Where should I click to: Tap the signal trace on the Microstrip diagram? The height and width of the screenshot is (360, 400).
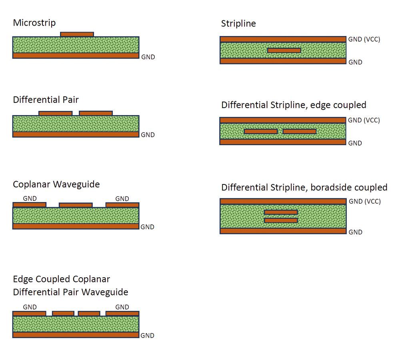(x=77, y=34)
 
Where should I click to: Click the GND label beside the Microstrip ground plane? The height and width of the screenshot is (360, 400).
(x=148, y=57)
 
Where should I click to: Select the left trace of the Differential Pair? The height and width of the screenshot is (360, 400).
(x=55, y=113)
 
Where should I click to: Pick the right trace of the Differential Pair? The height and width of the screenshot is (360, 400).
(x=96, y=113)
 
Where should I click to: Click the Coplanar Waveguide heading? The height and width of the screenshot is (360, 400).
(x=56, y=184)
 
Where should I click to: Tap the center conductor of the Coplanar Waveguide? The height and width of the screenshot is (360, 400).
(x=76, y=205)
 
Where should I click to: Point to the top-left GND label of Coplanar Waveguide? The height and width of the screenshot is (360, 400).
(x=30, y=198)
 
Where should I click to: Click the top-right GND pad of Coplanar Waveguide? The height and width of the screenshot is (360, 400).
(x=122, y=205)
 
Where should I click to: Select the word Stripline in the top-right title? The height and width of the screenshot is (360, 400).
(x=238, y=24)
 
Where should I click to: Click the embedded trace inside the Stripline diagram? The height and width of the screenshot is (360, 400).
(x=284, y=50)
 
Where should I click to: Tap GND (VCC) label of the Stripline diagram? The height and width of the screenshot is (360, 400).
(x=364, y=39)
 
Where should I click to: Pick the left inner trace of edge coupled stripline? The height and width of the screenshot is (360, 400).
(x=261, y=131)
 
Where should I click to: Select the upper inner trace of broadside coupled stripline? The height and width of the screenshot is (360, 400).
(x=281, y=212)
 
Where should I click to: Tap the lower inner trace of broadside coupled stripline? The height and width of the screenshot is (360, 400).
(x=281, y=220)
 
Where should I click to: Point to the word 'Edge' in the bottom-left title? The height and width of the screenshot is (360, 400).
(x=23, y=279)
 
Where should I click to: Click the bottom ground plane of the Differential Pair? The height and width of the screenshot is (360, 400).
(x=76, y=134)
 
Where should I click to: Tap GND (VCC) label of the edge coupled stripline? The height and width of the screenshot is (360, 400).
(x=364, y=120)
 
